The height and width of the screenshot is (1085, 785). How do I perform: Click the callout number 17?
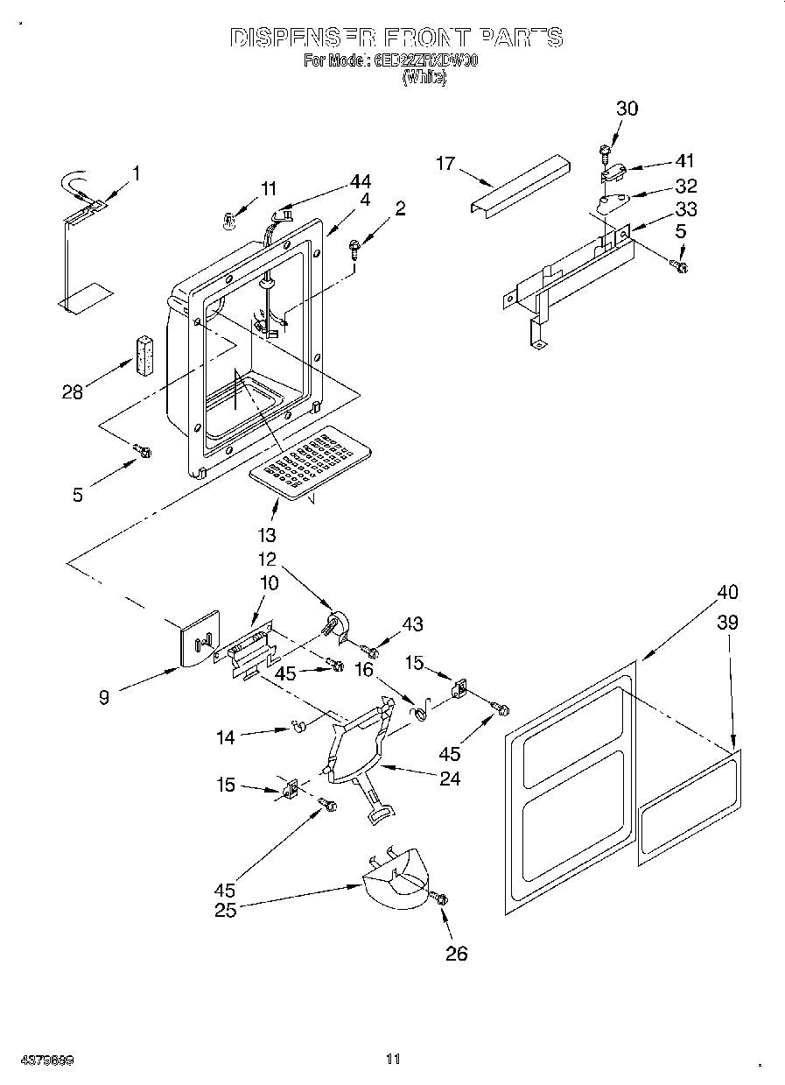tap(446, 163)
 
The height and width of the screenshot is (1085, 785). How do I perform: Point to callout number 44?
tap(360, 181)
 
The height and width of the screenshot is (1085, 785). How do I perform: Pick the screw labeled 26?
tap(438, 898)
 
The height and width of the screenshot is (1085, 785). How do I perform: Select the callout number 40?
tap(727, 593)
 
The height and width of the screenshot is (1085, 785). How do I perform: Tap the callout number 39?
tap(727, 623)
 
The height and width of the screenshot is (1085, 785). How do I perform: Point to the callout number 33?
tap(686, 209)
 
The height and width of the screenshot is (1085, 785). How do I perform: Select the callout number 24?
tap(449, 778)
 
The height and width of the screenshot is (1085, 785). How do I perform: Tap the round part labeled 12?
tap(336, 624)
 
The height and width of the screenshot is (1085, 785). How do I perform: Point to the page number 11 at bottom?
tap(392, 1059)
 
